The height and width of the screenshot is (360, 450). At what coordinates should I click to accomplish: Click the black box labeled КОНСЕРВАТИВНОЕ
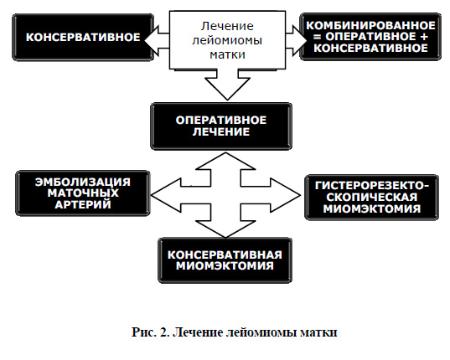(x=83, y=38)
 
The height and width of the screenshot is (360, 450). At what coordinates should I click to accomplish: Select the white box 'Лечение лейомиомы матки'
(x=227, y=40)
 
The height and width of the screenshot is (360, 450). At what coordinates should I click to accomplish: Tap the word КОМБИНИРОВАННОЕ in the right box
(x=370, y=26)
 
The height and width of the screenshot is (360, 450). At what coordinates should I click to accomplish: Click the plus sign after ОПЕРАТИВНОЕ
(x=423, y=37)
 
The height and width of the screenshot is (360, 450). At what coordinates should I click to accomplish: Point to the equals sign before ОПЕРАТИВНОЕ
(x=317, y=37)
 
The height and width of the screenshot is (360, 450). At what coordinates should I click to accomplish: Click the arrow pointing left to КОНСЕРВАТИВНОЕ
(x=157, y=41)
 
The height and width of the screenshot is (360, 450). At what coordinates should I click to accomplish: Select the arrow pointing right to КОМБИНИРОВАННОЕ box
(x=297, y=41)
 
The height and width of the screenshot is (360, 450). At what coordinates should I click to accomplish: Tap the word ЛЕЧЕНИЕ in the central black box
(x=221, y=132)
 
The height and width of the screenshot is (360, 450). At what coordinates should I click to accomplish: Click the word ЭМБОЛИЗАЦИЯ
(x=83, y=183)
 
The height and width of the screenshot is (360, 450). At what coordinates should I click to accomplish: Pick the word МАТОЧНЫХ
(x=83, y=193)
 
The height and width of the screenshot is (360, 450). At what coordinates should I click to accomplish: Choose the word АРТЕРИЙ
(x=83, y=204)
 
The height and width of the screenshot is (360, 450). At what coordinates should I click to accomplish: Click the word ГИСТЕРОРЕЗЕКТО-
(x=372, y=186)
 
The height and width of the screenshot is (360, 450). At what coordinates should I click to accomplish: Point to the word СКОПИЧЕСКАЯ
(x=372, y=198)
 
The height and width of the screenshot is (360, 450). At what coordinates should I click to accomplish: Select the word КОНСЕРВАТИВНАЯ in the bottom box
(x=225, y=255)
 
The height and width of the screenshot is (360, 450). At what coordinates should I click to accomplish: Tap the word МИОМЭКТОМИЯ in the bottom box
(x=225, y=265)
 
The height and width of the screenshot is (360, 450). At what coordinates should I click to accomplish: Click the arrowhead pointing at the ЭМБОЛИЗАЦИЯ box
(x=166, y=195)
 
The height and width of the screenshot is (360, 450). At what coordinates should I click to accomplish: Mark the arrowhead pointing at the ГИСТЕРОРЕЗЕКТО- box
(x=285, y=195)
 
